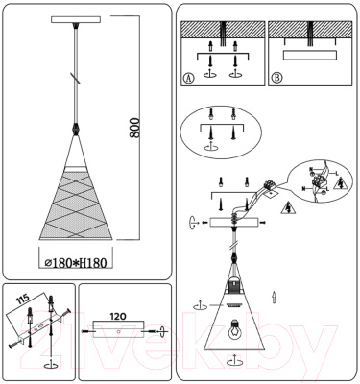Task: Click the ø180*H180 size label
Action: coord(87,259)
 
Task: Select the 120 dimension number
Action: coord(119,314)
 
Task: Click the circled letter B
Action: coord(276,77)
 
